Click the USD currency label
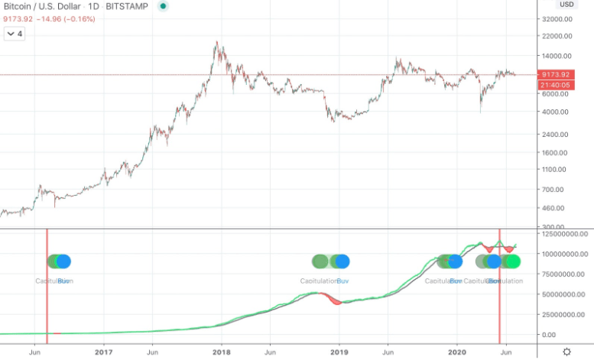pos(566,5)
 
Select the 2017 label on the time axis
pos(104,352)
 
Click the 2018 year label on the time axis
pos(222,352)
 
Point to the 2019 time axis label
pos(339,352)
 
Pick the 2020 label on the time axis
pos(457,352)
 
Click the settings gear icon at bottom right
pos(566,352)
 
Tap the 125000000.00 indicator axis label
pos(566,233)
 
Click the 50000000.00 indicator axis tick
pos(566,294)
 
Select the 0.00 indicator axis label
pos(566,335)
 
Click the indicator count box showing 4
pos(14,34)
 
